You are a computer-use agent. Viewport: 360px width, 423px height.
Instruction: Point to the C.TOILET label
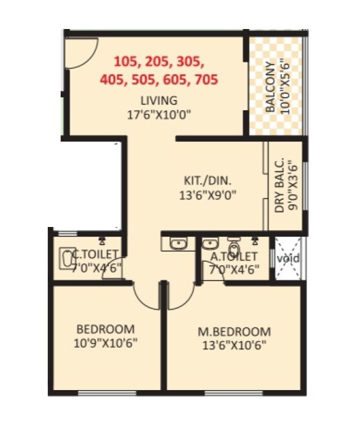coord(94,254)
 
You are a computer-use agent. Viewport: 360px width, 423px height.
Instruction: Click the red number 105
coord(126,63)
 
